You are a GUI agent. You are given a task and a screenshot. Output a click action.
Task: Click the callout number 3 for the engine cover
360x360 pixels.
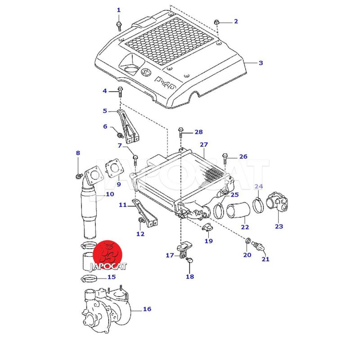coord(261,63)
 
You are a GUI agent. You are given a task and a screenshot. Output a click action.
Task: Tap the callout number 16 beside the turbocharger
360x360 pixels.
coord(147,309)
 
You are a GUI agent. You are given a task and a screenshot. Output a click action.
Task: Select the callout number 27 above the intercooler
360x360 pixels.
coord(204,145)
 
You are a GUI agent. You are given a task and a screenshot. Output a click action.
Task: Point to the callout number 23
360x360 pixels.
coord(279,226)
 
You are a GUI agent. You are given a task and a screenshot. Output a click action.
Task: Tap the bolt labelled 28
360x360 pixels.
coord(180,132)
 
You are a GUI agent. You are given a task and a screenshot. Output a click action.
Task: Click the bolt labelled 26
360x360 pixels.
coord(225,157)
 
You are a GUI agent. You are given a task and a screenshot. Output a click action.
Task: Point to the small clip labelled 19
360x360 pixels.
coord(208,227)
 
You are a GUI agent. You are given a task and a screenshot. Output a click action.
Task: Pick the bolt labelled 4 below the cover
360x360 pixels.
coord(120,92)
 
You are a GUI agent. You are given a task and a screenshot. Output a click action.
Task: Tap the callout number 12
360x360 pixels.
coord(140,234)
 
